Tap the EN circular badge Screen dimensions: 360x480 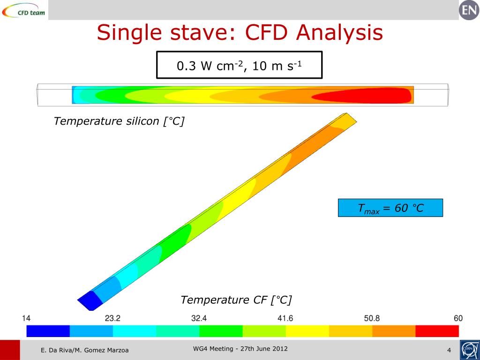pyautogui.click(x=469, y=10)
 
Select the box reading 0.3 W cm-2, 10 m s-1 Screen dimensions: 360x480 pyautogui.click(x=239, y=65)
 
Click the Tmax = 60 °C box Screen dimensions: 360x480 pyautogui.click(x=390, y=208)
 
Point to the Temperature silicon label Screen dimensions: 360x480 pyautogui.click(x=119, y=121)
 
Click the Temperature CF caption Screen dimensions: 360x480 pyautogui.click(x=236, y=300)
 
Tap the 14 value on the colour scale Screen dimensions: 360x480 pyautogui.click(x=26, y=318)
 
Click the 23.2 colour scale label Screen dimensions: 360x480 pyautogui.click(x=112, y=318)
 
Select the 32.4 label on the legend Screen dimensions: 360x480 pyautogui.click(x=199, y=318)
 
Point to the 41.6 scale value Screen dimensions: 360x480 pyautogui.click(x=285, y=318)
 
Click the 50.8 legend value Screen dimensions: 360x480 pyautogui.click(x=372, y=318)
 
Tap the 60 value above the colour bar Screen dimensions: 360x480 pyautogui.click(x=458, y=318)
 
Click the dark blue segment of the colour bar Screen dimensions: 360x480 pyautogui.click(x=48, y=331)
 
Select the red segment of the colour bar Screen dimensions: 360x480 pyautogui.click(x=437, y=331)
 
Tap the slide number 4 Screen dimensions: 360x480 pyautogui.click(x=449, y=350)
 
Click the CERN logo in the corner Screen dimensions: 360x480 pyautogui.click(x=469, y=350)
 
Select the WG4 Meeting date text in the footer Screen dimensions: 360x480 pyautogui.click(x=240, y=349)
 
